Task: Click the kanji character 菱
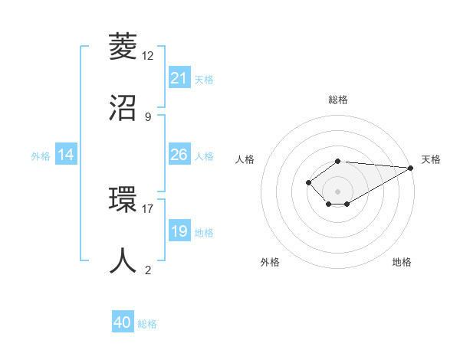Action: (x=123, y=47)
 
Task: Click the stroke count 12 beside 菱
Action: (x=149, y=56)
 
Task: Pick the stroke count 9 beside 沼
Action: (x=148, y=116)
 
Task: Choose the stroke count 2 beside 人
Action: (x=148, y=270)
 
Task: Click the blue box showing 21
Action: (x=179, y=78)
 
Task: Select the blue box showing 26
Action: (x=179, y=155)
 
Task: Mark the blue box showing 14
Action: (x=66, y=155)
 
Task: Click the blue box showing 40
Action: (x=123, y=323)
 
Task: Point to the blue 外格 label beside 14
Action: (x=41, y=156)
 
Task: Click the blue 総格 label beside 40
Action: (x=147, y=324)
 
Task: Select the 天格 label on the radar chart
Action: (x=432, y=159)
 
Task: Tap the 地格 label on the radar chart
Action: (x=402, y=262)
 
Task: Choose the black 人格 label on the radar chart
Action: (x=245, y=159)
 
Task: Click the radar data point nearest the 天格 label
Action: (x=411, y=168)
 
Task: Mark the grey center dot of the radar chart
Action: (x=337, y=191)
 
